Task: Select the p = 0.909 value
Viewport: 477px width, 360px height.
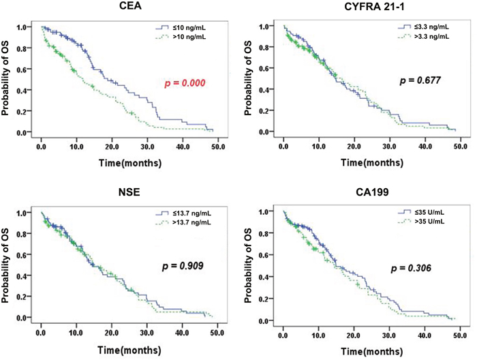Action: coord(179,263)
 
